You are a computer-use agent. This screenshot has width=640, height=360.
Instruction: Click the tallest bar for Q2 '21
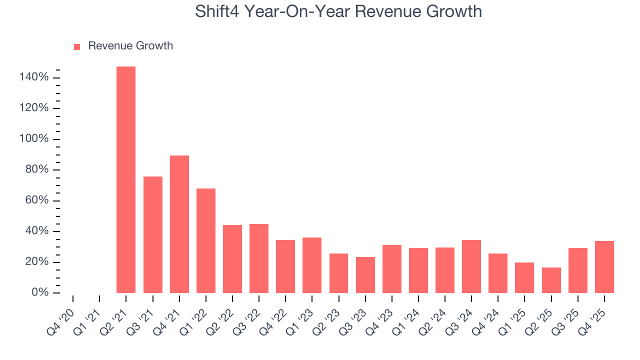click(x=126, y=179)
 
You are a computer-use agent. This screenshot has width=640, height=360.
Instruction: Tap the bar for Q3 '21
click(x=153, y=234)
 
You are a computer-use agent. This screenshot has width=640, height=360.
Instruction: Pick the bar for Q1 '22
click(x=206, y=240)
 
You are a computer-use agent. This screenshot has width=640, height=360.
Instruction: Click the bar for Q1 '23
click(x=312, y=265)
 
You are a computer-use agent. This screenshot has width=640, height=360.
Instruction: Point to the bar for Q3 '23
click(x=365, y=274)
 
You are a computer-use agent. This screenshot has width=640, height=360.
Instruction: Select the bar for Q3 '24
click(x=471, y=266)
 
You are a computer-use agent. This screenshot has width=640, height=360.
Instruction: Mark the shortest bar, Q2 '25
click(x=551, y=280)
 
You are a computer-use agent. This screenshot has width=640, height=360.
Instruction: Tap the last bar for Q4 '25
click(x=604, y=267)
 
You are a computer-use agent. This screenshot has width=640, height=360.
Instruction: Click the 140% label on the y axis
click(x=34, y=77)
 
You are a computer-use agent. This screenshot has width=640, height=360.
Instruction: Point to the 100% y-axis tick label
click(x=34, y=139)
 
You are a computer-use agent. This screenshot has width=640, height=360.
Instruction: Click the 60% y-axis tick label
click(x=36, y=200)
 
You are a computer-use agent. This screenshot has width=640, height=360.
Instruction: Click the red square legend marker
click(x=77, y=47)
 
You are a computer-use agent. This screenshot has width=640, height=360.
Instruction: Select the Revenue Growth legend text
click(x=130, y=46)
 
